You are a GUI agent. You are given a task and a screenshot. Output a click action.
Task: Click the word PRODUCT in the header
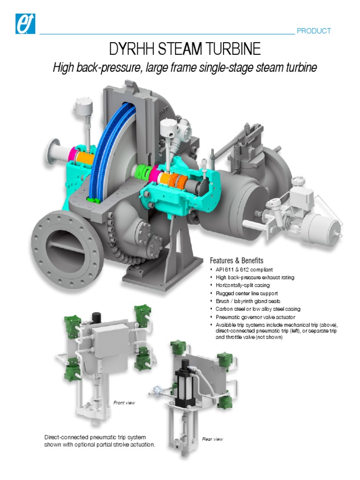pos(314,31)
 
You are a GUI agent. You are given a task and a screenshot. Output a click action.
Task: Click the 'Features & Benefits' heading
pos(236,261)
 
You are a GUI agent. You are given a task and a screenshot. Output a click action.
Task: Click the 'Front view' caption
pos(124,403)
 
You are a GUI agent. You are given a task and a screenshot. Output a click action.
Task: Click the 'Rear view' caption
pos(212,439)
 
